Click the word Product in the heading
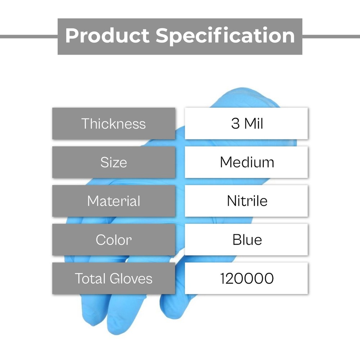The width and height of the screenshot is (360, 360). pyautogui.click(x=107, y=36)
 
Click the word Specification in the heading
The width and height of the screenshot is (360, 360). pyautogui.click(x=225, y=36)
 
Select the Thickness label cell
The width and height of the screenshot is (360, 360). pyautogui.click(x=114, y=123)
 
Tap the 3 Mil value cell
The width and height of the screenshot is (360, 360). pyautogui.click(x=246, y=123)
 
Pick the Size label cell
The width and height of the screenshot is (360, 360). pyautogui.click(x=114, y=162)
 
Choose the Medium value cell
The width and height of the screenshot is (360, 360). pyautogui.click(x=246, y=162)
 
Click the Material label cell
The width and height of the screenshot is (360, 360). pyautogui.click(x=114, y=201)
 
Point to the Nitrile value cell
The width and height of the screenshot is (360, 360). pyautogui.click(x=246, y=201)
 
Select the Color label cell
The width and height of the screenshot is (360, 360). pyautogui.click(x=114, y=240)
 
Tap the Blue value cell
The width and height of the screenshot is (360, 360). pyautogui.click(x=246, y=239)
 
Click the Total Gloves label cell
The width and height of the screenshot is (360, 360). pyautogui.click(x=114, y=278)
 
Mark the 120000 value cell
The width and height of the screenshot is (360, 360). pyautogui.click(x=246, y=278)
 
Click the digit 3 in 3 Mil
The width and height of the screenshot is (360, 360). pyautogui.click(x=235, y=123)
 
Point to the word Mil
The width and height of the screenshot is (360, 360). pyautogui.click(x=254, y=123)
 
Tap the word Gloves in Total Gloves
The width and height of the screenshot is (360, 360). pyautogui.click(x=131, y=279)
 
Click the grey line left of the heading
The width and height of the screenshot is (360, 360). pyautogui.click(x=29, y=36)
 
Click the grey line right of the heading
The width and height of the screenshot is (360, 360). pyautogui.click(x=331, y=36)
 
